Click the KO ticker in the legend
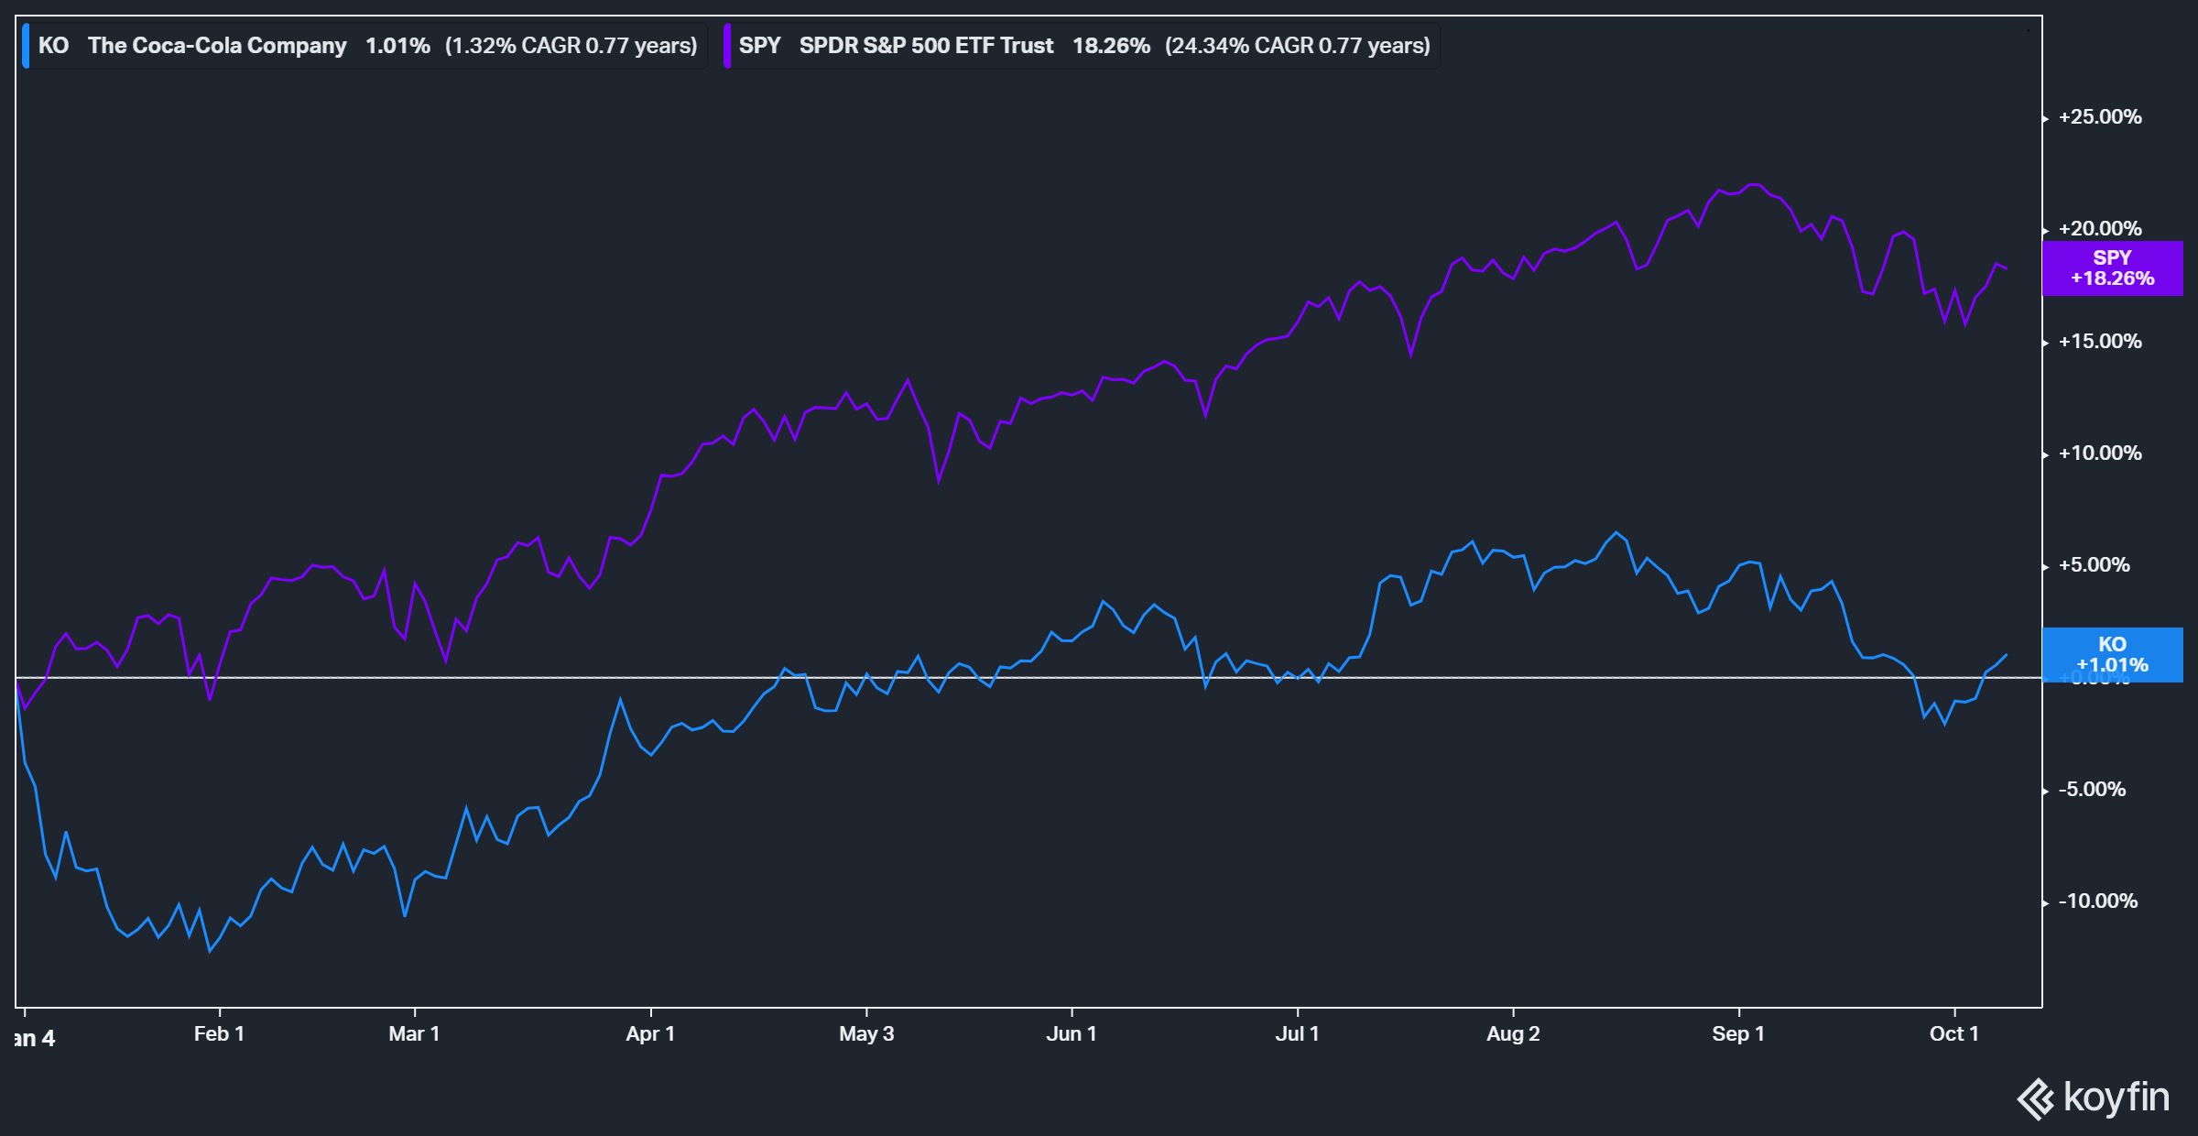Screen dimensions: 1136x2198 53,46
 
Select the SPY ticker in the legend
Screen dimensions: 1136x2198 759,46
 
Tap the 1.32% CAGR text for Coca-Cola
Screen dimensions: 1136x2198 571,46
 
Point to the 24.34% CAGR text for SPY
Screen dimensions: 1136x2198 1297,46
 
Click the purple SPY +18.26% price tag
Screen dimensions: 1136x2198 2112,268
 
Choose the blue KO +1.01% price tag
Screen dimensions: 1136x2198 2112,654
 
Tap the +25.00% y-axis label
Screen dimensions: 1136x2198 2100,117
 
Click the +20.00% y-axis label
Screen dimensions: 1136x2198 2100,229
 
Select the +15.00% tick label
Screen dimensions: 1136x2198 2100,342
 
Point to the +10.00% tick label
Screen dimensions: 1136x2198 2100,453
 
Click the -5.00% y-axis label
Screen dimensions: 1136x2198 2092,790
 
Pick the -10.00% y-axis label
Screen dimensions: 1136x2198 2097,901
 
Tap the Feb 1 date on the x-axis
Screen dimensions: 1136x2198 219,1034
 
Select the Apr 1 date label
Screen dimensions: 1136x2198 650,1034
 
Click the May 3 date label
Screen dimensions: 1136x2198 866,1034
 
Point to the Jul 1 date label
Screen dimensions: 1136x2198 1297,1034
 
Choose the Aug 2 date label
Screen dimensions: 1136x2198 1513,1034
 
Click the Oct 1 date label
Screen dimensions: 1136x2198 1953,1034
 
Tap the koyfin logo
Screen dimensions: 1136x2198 2094,1098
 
